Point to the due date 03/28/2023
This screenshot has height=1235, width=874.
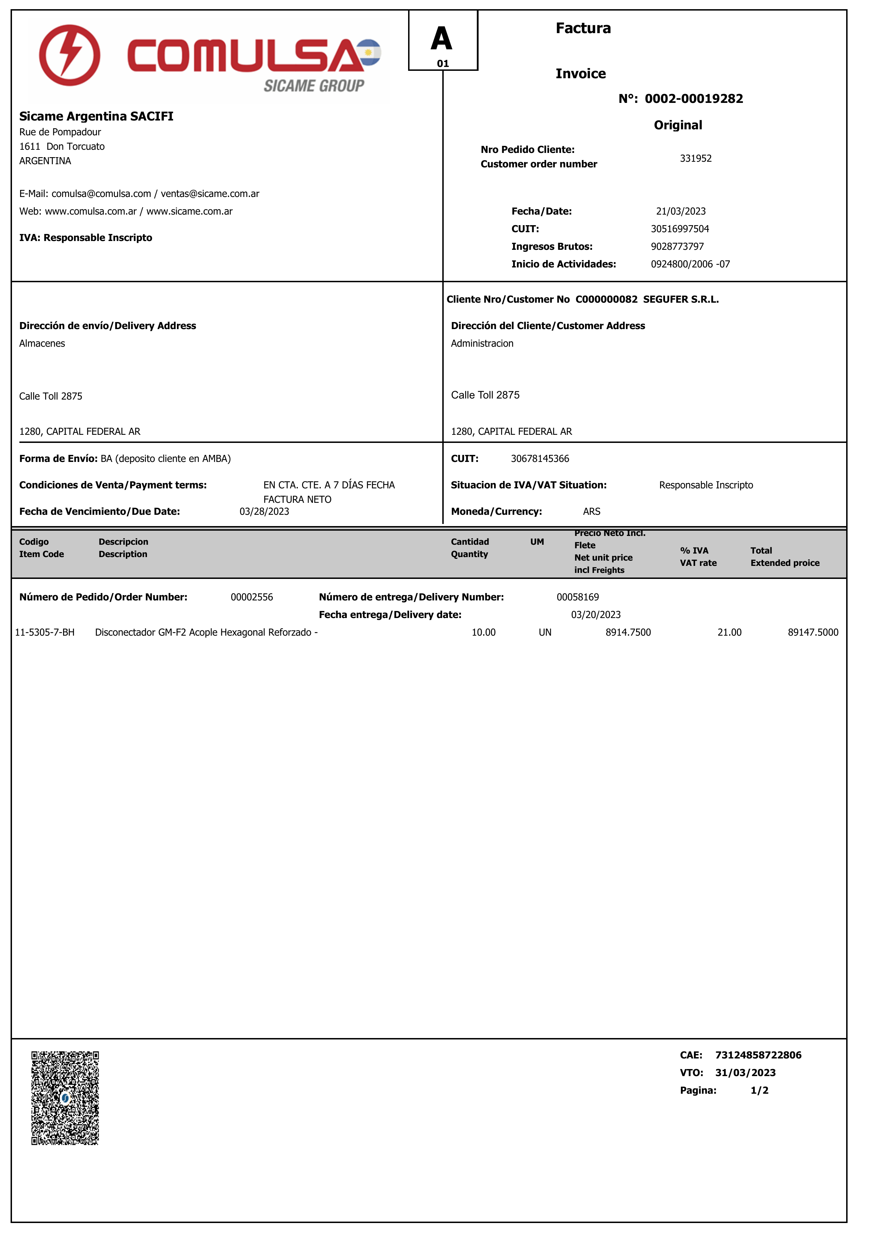(x=264, y=511)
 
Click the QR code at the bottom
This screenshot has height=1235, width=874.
(x=65, y=1098)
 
